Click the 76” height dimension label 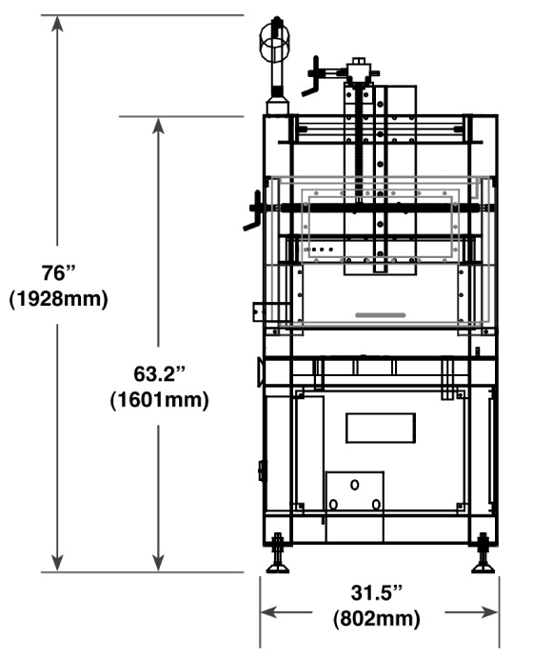tap(58, 272)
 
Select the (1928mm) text tap(58, 299)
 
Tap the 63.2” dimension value tap(159, 373)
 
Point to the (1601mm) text tap(159, 400)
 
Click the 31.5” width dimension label tap(377, 593)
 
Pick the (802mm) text tap(377, 619)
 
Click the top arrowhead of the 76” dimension tap(57, 24)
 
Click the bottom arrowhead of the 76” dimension tap(57, 563)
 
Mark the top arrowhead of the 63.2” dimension tap(158, 126)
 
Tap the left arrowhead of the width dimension tap(269, 612)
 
